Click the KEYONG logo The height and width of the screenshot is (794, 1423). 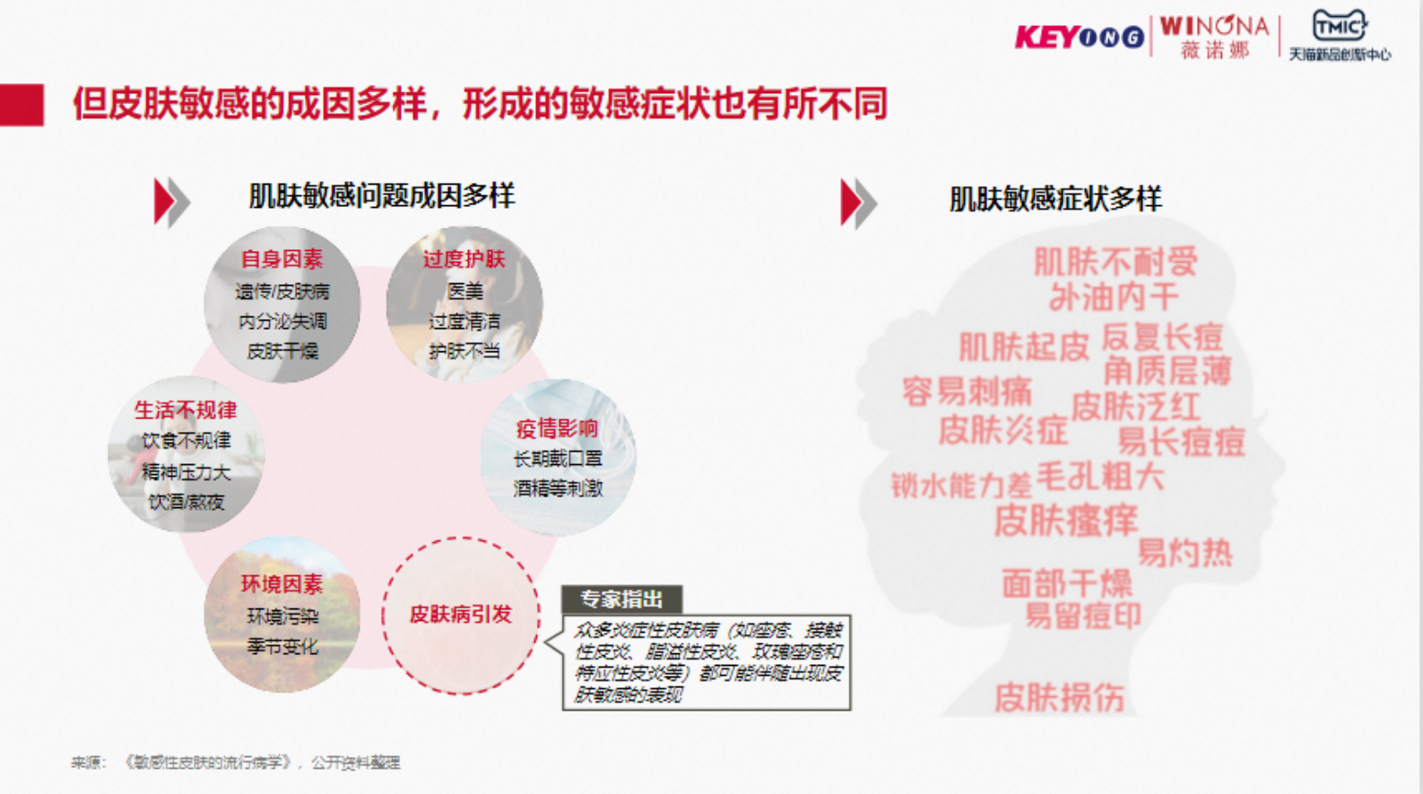tap(1079, 37)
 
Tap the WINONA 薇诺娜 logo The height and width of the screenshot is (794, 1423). tap(1214, 37)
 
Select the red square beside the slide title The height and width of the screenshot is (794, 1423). tap(22, 105)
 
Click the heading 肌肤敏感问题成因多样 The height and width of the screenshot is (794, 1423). tap(381, 196)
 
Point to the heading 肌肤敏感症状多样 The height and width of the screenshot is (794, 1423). tap(1054, 199)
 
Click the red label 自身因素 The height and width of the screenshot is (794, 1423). tap(282, 259)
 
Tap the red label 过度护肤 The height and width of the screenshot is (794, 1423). tap(464, 260)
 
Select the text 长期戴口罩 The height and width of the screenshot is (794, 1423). tap(557, 459)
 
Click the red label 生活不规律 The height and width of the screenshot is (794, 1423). tap(186, 410)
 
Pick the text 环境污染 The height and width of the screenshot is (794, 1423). tap(282, 617)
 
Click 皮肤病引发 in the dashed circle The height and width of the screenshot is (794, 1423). tap(460, 615)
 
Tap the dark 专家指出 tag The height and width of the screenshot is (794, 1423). tap(621, 599)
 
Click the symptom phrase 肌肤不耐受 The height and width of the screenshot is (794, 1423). tap(1115, 262)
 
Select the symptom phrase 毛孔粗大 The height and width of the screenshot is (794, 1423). tap(1100, 476)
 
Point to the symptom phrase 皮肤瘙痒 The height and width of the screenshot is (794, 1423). tap(1065, 520)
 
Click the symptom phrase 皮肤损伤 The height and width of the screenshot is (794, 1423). tap(1059, 697)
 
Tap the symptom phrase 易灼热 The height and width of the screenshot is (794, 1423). tap(1184, 553)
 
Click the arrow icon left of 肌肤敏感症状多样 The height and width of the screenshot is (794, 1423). tap(857, 203)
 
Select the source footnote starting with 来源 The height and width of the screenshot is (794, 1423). tap(236, 763)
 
